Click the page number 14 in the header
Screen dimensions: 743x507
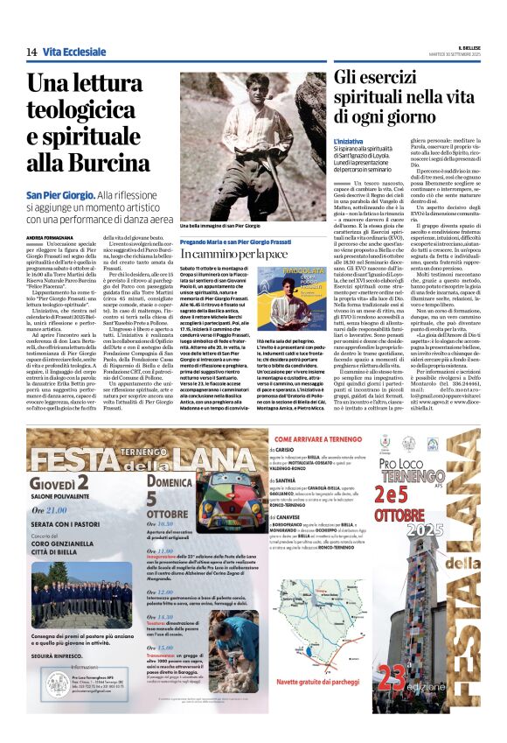pyautogui.click(x=31, y=53)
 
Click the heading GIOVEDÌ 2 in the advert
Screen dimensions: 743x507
pyautogui.click(x=61, y=484)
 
